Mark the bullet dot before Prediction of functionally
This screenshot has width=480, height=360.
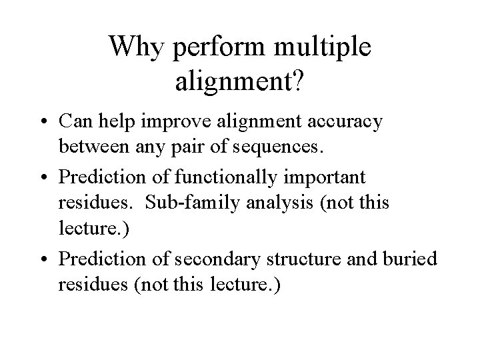44,178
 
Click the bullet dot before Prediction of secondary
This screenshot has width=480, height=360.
44,258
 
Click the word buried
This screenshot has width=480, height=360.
414,258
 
